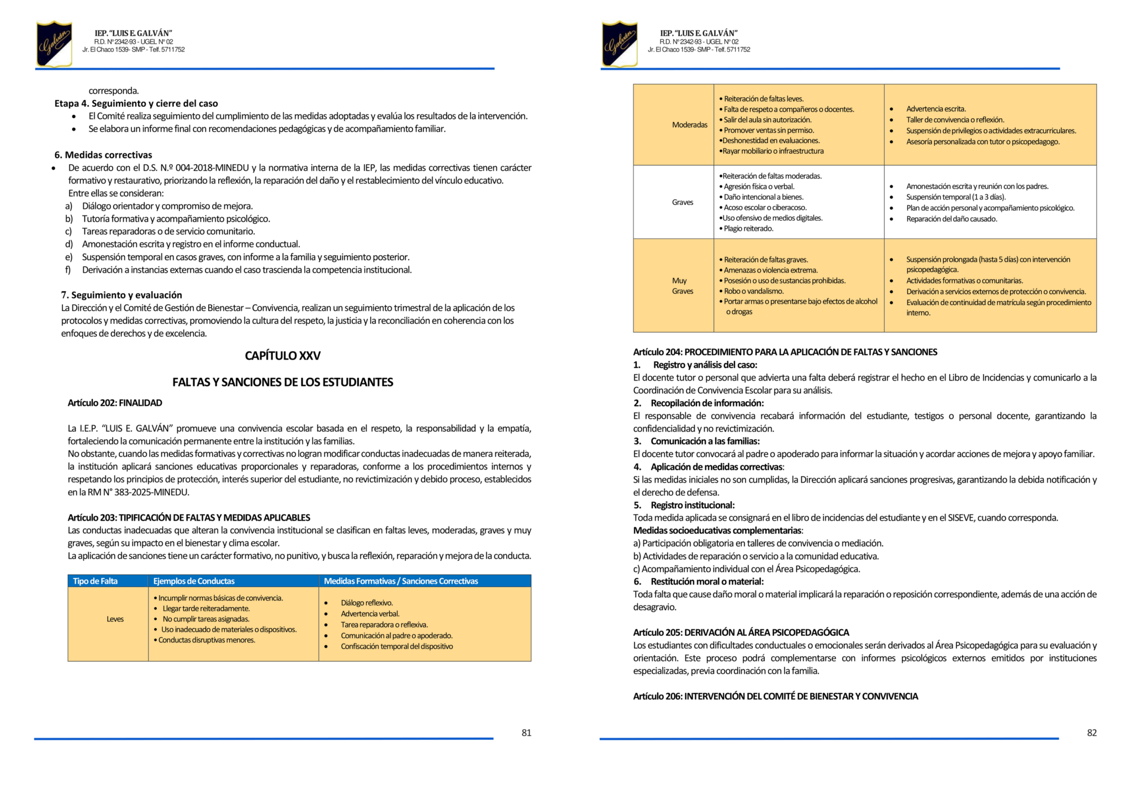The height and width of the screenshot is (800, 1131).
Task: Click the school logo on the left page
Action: (x=54, y=44)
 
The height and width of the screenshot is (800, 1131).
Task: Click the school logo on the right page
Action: (x=620, y=44)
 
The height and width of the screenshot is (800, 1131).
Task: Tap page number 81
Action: (x=526, y=733)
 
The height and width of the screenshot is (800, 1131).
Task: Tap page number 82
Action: (x=1092, y=733)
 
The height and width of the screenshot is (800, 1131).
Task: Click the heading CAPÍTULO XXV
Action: (x=283, y=356)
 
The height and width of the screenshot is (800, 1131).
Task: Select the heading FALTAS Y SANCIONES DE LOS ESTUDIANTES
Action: (x=283, y=382)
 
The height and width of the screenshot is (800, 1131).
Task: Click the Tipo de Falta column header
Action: (x=96, y=581)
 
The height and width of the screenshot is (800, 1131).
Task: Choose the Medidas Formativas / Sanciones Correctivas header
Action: (x=401, y=581)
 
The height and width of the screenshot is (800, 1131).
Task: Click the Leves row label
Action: (x=115, y=619)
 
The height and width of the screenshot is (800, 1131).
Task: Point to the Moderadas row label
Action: (x=690, y=125)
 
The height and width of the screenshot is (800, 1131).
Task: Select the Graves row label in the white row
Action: (x=683, y=202)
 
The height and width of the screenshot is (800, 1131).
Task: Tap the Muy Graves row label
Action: (x=682, y=286)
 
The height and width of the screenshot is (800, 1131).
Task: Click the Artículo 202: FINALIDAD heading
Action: (x=115, y=403)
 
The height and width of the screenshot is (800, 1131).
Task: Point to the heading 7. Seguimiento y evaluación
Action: (x=121, y=295)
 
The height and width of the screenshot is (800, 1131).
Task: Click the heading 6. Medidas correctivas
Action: (x=103, y=155)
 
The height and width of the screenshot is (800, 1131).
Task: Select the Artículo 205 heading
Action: (x=741, y=633)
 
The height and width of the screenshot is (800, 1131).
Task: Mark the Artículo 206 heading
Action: (x=775, y=697)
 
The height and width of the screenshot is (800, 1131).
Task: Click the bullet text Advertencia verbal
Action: (x=370, y=614)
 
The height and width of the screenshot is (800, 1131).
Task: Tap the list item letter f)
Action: (x=68, y=270)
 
